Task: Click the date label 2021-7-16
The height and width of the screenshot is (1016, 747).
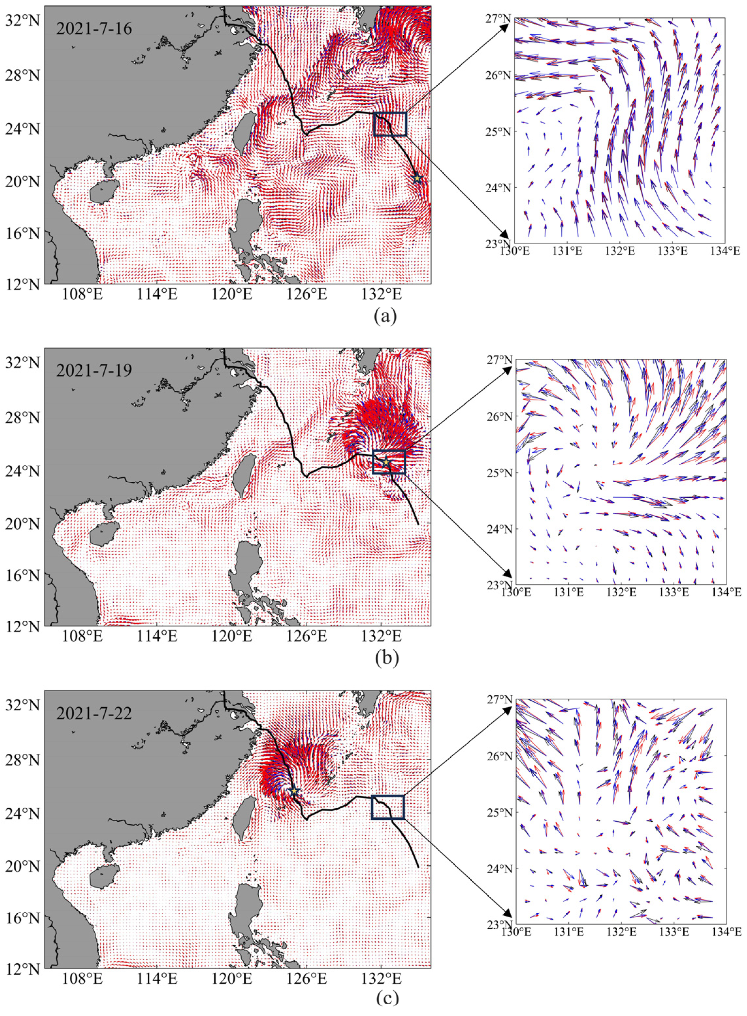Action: [94, 29]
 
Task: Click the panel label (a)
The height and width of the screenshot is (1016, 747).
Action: [386, 316]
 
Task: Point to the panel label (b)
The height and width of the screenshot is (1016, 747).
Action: [387, 659]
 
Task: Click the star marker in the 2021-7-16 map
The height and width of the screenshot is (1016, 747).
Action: [417, 178]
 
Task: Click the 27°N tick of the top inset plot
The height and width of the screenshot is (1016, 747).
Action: [498, 19]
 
